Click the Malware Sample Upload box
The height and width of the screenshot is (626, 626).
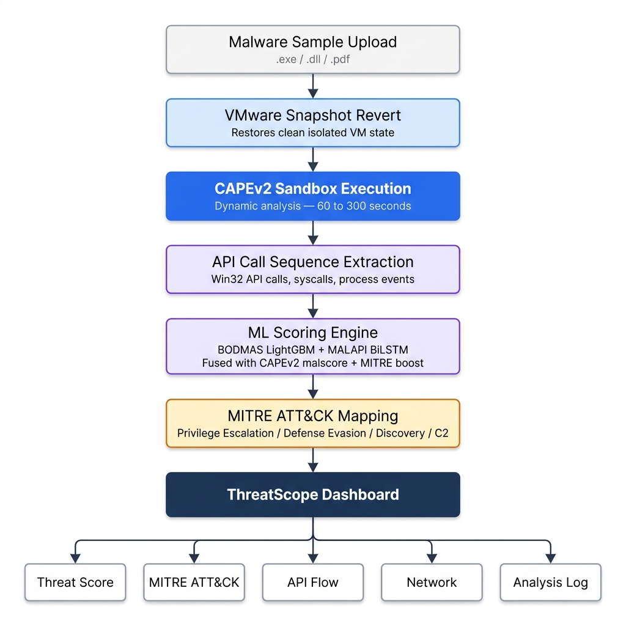pos(313,50)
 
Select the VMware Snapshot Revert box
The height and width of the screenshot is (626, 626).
pos(313,123)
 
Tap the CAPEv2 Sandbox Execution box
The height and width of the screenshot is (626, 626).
pos(313,196)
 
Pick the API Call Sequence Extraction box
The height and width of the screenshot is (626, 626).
pos(313,270)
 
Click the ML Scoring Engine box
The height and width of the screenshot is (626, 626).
pos(313,346)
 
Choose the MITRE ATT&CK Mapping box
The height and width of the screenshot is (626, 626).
pos(313,423)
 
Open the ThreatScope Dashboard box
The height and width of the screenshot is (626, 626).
pos(313,495)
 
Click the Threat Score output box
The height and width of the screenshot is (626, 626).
pos(75,582)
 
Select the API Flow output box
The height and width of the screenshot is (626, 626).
pos(313,582)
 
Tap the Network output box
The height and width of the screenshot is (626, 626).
pos(432,582)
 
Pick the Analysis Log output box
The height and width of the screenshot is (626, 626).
pos(551,582)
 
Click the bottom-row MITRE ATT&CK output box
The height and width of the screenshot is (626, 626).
pos(194,582)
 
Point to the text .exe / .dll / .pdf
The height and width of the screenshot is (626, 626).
pos(313,59)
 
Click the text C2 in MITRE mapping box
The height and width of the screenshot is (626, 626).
pos(441,433)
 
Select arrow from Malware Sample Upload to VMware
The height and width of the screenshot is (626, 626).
pos(313,86)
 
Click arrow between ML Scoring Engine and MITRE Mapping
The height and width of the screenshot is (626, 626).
pos(313,386)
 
